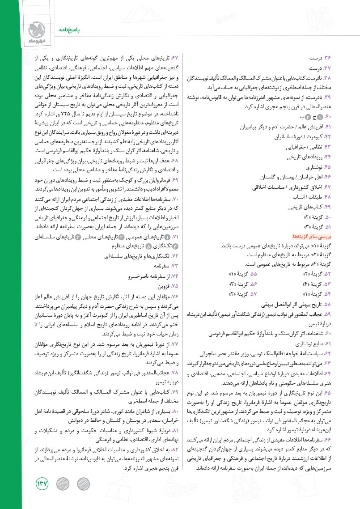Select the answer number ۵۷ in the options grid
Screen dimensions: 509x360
(x=254, y=293)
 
